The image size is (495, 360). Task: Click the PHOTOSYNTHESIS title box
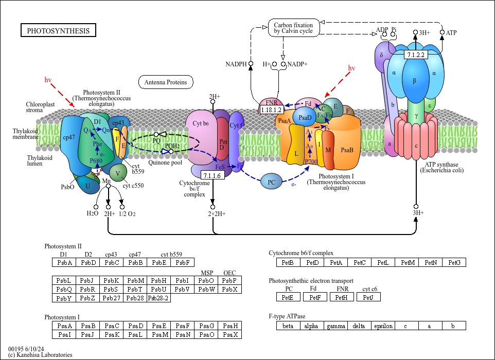point(58,31)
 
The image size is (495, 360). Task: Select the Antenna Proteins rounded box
point(165,82)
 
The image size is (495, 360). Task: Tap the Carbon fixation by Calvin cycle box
point(293,28)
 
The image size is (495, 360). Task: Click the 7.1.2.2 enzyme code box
point(415,55)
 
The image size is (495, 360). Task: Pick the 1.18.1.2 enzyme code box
point(272,110)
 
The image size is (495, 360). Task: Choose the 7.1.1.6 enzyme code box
point(212,176)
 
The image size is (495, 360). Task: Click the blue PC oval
point(272,182)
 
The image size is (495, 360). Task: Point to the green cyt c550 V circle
point(118,173)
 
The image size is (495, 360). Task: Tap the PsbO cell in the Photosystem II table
point(206,280)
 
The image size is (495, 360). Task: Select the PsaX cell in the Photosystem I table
point(230,335)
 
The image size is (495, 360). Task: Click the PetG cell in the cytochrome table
point(454,263)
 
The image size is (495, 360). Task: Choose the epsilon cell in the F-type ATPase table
point(383,326)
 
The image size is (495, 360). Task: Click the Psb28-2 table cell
point(158,298)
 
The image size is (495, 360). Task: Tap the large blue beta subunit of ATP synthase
point(415,81)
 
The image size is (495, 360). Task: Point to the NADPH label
point(236,64)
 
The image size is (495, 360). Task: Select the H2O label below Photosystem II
point(92,213)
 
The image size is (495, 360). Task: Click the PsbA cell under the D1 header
point(64,263)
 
